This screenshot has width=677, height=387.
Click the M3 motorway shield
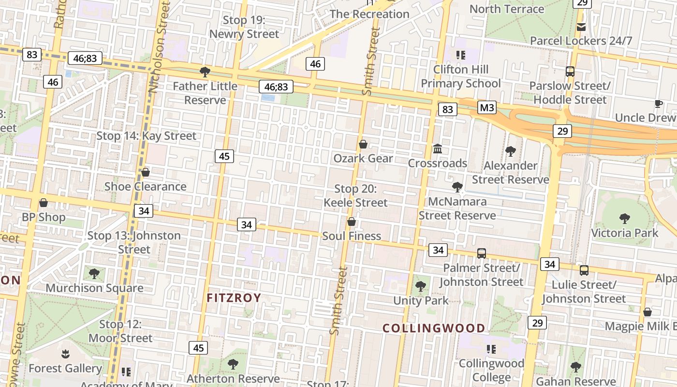[x=487, y=107]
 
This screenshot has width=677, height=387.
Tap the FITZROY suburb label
[x=234, y=298]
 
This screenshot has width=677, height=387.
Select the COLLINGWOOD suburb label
[x=434, y=328]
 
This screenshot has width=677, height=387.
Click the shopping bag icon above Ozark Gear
[x=363, y=144]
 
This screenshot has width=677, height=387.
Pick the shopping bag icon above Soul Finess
[x=352, y=222]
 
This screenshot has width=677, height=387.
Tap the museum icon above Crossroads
[x=438, y=149]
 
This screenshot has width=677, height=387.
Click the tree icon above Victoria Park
[x=625, y=218]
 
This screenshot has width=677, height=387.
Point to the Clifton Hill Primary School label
[x=460, y=76]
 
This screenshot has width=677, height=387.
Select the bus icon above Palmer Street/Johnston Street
[x=481, y=253]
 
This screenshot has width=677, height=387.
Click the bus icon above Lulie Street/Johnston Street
[x=584, y=270]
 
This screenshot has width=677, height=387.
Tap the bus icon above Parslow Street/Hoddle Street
[x=570, y=72]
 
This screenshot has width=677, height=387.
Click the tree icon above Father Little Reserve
[x=205, y=72]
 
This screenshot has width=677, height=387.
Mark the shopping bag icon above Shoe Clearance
[x=145, y=172]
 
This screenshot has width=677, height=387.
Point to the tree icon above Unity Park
[x=421, y=286]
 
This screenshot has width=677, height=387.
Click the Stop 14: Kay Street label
[x=147, y=136]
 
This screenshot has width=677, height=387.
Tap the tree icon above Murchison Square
[x=94, y=274]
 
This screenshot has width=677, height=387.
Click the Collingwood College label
[x=491, y=370]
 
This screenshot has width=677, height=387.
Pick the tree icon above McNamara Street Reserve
[x=457, y=187]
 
